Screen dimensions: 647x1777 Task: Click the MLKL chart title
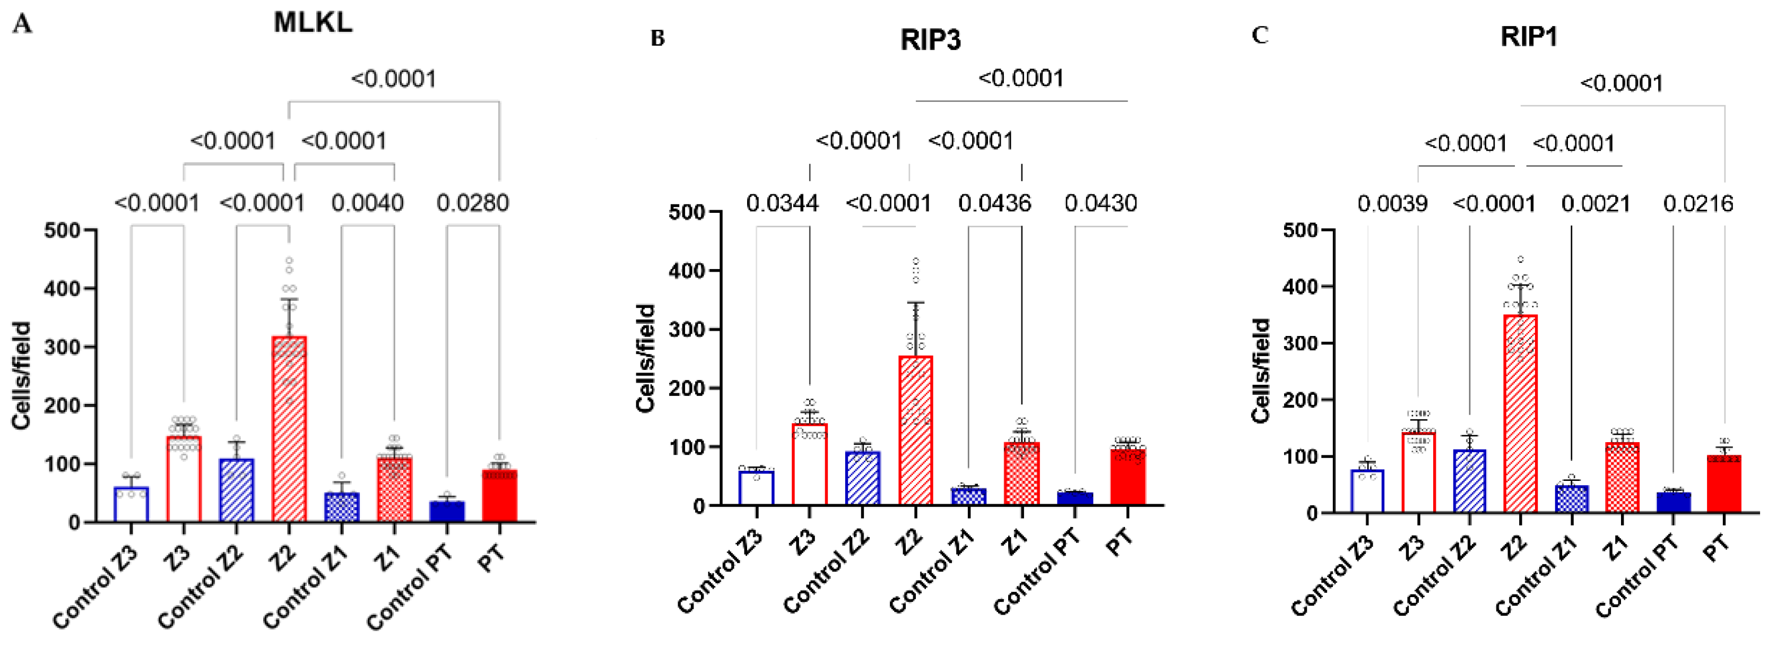[x=313, y=23]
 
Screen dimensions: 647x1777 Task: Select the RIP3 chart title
[x=930, y=40]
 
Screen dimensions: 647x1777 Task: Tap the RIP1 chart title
[x=1529, y=37]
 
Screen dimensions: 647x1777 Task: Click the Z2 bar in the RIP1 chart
[x=1520, y=414]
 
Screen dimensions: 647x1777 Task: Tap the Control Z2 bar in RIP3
[x=862, y=479]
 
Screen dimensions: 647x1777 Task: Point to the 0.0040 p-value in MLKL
[x=367, y=203]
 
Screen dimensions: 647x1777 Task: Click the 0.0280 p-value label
[x=473, y=203]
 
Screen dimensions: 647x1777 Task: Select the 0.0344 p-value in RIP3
[x=782, y=203]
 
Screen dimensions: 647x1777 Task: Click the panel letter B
[x=657, y=39]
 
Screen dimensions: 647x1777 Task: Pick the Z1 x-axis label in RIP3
[x=1015, y=545]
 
